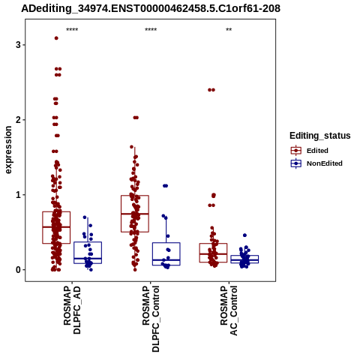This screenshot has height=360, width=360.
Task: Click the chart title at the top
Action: (x=151, y=8)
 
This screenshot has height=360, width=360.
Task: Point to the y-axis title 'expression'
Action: (x=8, y=150)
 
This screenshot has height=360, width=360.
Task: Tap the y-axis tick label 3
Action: (x=18, y=45)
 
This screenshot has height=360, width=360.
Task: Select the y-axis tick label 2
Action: (x=18, y=120)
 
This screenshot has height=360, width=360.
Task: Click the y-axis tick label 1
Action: (x=18, y=195)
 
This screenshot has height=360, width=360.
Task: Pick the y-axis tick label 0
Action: (x=18, y=270)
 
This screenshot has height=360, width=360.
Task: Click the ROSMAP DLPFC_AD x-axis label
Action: (x=72, y=310)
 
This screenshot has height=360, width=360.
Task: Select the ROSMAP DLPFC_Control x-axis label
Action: (x=151, y=319)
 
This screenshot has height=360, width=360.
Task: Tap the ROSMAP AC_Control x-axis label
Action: (x=229, y=310)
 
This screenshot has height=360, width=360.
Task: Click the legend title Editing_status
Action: (x=320, y=136)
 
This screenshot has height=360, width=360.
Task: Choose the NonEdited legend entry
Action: (x=316, y=163)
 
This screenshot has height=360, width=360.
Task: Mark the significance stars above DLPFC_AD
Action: (x=72, y=30)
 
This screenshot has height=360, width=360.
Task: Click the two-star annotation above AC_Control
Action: (x=229, y=30)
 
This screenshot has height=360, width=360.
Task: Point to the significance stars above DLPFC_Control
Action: (x=151, y=30)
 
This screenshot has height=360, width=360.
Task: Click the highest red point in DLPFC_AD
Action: (x=56, y=38)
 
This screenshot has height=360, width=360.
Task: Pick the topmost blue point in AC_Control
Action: (x=244, y=235)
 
